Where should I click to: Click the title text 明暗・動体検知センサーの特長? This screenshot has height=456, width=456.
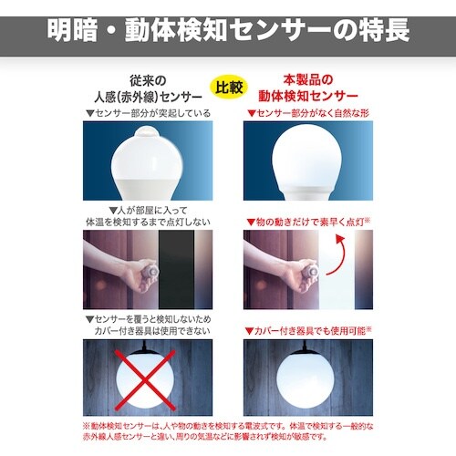(228, 27)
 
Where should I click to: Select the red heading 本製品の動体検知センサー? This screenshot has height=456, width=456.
(310, 88)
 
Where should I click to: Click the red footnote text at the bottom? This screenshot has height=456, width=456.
(228, 430)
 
